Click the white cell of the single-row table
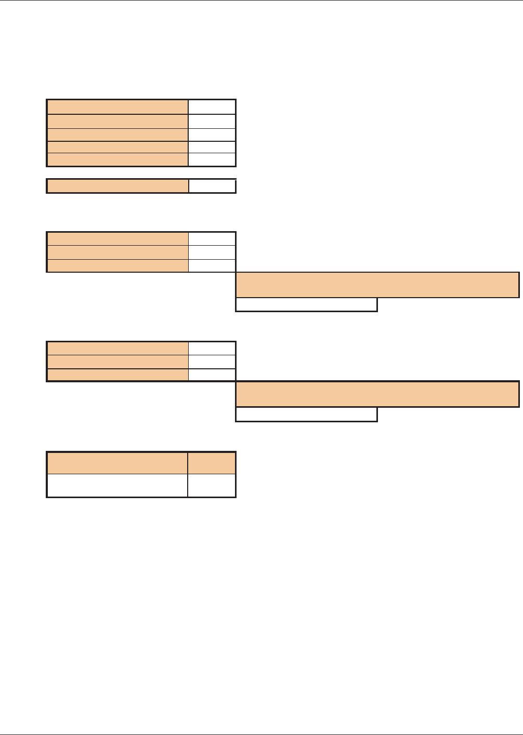pyautogui.click(x=212, y=186)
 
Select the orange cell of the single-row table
pyautogui.click(x=117, y=186)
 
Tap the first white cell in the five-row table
pyautogui.click(x=212, y=106)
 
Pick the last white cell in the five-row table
pyautogui.click(x=212, y=159)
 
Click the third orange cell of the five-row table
pyautogui.click(x=117, y=135)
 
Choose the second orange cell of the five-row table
pyautogui.click(x=117, y=121)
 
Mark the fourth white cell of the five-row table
pyautogui.click(x=212, y=147)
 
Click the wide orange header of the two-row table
pyautogui.click(x=117, y=462)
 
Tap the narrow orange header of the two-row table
pyautogui.click(x=212, y=462)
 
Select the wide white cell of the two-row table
pyautogui.click(x=117, y=485)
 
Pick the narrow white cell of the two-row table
pyautogui.click(x=212, y=485)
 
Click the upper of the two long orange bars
pyautogui.click(x=377, y=285)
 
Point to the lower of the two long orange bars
pyautogui.click(x=377, y=394)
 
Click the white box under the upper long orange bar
pyautogui.click(x=306, y=304)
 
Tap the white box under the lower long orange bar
pyautogui.click(x=306, y=414)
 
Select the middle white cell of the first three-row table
pyautogui.click(x=212, y=252)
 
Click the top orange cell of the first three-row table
pyautogui.click(x=117, y=238)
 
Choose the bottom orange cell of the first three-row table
pyautogui.click(x=117, y=265)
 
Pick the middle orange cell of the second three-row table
pyautogui.click(x=117, y=362)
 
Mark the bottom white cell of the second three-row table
pyautogui.click(x=212, y=375)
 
